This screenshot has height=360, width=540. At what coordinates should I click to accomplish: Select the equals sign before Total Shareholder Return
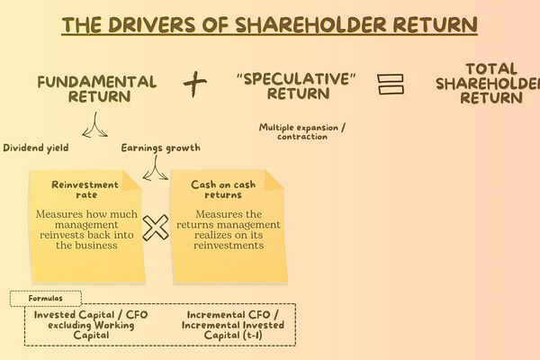(x=389, y=83)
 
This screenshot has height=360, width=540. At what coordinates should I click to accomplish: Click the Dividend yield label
(x=37, y=148)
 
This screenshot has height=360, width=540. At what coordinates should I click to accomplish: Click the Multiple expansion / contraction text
(x=301, y=131)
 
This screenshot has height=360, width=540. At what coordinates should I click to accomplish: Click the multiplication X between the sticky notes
(x=157, y=228)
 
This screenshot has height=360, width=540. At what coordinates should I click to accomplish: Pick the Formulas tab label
(x=46, y=298)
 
